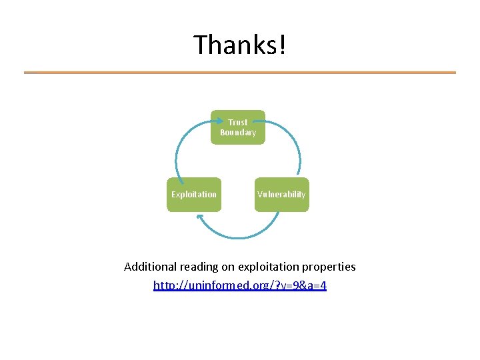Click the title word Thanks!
[x=239, y=45]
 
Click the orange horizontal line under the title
[x=240, y=73]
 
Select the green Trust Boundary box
[x=238, y=127]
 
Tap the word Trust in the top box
[x=238, y=123]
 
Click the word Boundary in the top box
[x=238, y=133]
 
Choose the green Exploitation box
[x=194, y=195]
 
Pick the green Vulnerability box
[x=282, y=195]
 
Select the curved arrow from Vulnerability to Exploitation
[x=240, y=237]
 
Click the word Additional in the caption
[x=150, y=267]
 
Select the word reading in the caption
[x=198, y=267]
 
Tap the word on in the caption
[x=227, y=267]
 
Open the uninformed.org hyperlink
[x=240, y=285]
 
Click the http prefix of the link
[x=164, y=285]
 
